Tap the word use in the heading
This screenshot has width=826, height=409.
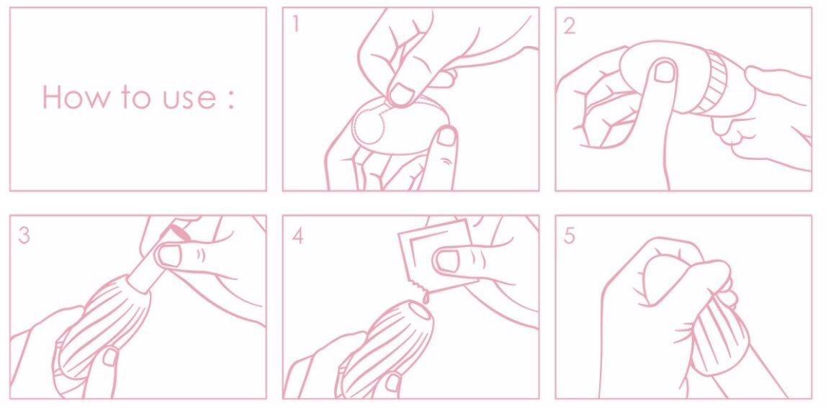[x=188, y=100]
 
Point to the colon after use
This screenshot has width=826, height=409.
[x=230, y=100]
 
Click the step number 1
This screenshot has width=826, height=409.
[x=296, y=24]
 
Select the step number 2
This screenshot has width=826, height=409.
[x=570, y=24]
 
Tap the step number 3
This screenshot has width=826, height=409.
[x=24, y=235]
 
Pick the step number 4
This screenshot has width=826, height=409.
[x=297, y=235]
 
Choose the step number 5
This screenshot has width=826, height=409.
[x=570, y=235]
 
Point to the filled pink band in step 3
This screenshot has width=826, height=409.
[x=179, y=232]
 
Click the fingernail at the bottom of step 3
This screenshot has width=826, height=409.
[x=111, y=356]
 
